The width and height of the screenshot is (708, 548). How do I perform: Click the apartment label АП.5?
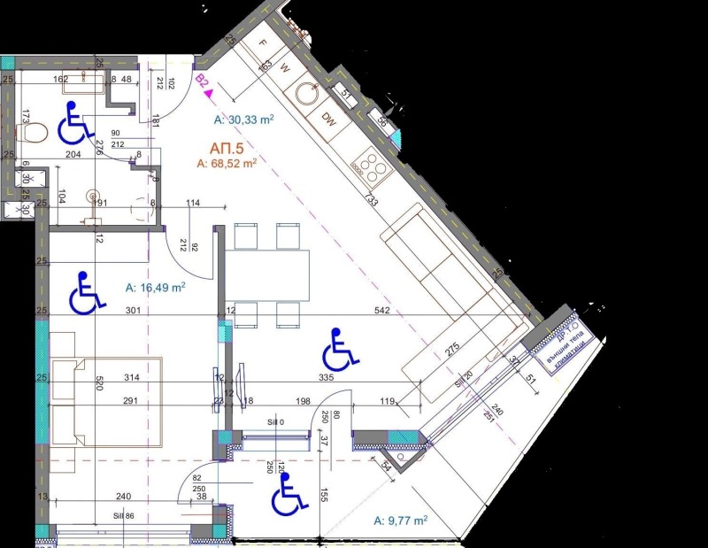(x=226, y=148)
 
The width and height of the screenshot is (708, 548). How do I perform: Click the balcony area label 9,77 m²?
(x=401, y=521)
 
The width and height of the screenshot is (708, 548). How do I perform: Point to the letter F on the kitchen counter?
(x=263, y=42)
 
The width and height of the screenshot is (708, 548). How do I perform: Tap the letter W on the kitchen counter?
(x=285, y=66)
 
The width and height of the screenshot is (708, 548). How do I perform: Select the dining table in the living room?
(x=265, y=275)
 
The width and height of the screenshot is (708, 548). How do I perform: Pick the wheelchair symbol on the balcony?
(x=289, y=494)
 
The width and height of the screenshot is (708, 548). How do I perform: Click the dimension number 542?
(x=382, y=311)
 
